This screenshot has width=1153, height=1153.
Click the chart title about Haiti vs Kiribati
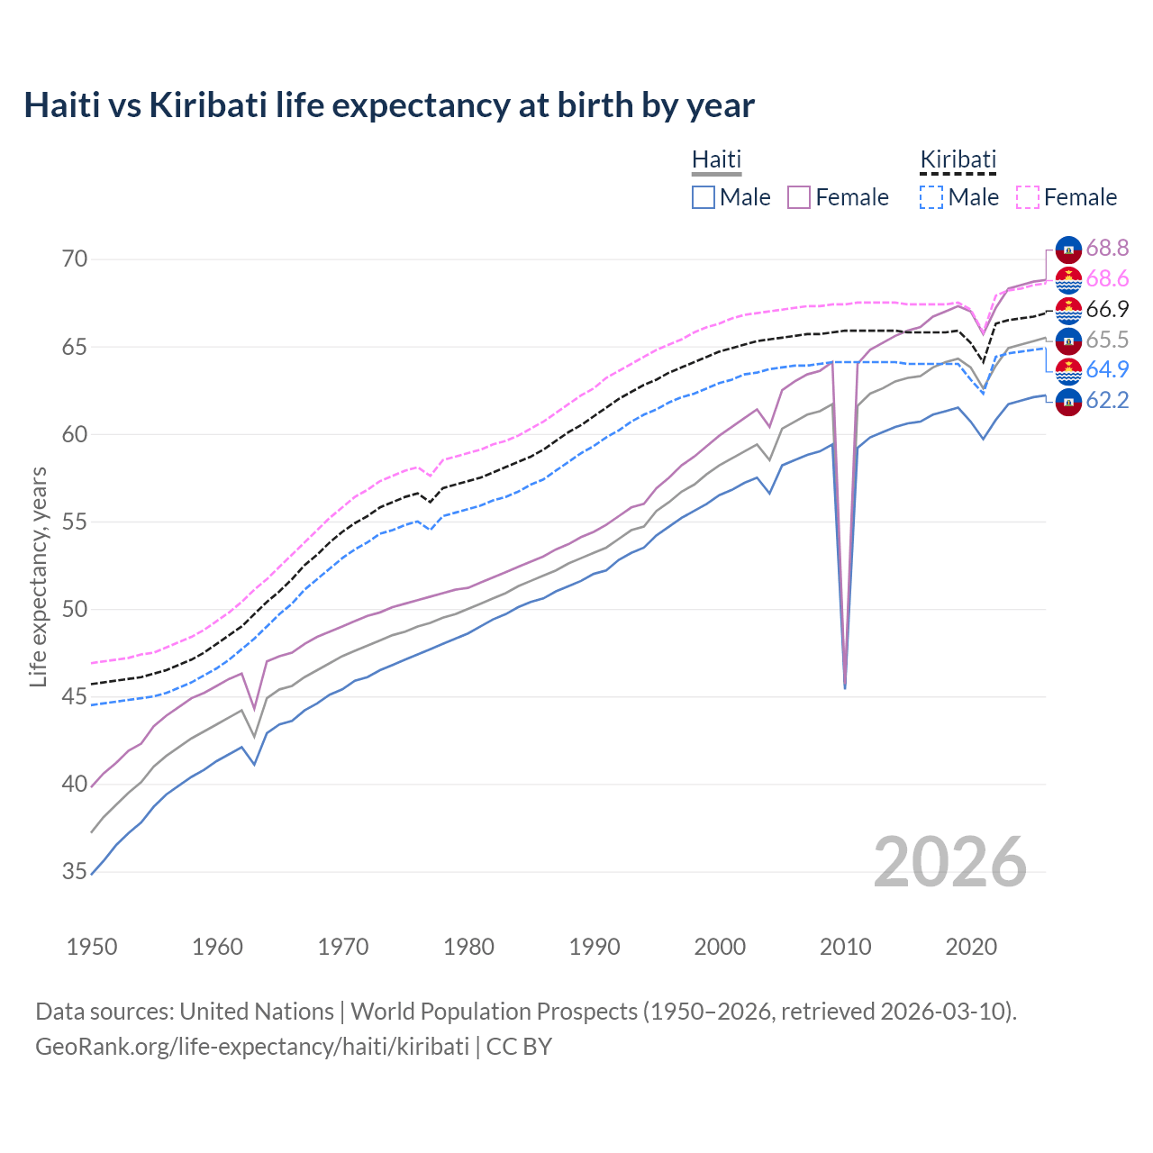click(x=388, y=105)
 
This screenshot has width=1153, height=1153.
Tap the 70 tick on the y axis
click(x=75, y=259)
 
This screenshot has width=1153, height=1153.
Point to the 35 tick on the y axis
click(x=75, y=871)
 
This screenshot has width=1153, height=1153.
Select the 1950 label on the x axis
click(x=92, y=947)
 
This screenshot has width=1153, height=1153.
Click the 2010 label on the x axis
click(x=845, y=947)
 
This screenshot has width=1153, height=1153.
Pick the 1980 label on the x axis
click(x=468, y=947)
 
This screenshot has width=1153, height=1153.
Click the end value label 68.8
click(x=1107, y=248)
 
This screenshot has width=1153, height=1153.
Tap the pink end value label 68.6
click(x=1107, y=278)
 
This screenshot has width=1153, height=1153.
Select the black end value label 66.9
click(x=1107, y=309)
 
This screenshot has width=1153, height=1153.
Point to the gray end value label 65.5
click(x=1107, y=340)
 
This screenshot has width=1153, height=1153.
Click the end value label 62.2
click(x=1107, y=400)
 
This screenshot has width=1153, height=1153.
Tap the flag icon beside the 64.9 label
click(x=1068, y=370)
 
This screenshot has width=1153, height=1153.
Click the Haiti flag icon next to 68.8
click(x=1068, y=249)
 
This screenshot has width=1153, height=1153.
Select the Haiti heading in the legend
click(x=716, y=159)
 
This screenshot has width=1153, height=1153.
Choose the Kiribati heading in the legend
click(x=958, y=159)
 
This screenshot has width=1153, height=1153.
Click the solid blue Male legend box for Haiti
click(x=704, y=197)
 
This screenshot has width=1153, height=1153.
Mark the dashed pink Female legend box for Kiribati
click(x=1028, y=197)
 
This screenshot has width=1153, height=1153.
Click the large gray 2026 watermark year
click(x=949, y=862)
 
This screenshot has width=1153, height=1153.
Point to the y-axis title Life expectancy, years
click(x=39, y=576)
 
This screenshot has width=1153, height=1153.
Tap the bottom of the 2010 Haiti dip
click(x=844, y=687)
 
